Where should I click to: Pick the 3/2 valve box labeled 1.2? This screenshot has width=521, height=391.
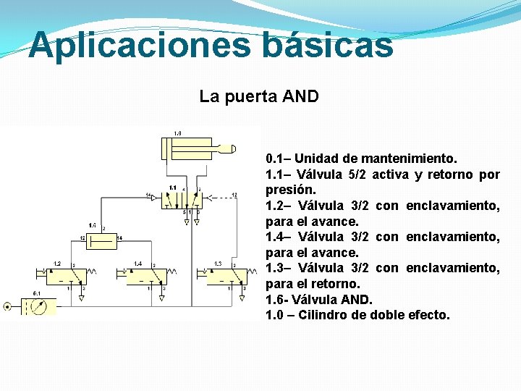tap(66, 276)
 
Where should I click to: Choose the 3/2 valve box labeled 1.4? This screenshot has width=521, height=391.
tap(148, 276)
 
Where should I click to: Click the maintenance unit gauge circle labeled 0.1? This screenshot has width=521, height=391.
tap(41, 306)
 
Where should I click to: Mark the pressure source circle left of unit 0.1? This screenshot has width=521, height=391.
tap(7, 306)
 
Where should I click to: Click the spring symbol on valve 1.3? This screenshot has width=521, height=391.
tap(249, 275)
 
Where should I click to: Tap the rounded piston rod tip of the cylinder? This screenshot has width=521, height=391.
tap(232, 149)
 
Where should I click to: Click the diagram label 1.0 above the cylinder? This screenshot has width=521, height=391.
tap(177, 133)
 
